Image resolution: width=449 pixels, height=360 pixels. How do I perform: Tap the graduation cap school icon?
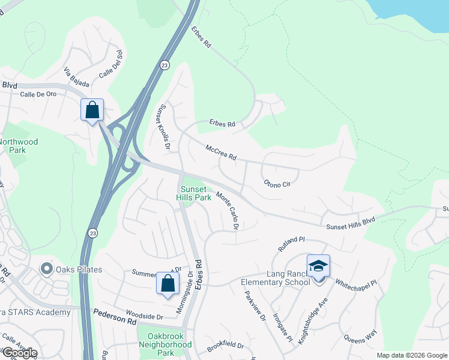click(318, 266)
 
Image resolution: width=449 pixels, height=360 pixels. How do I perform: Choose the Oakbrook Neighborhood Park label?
click(165, 340)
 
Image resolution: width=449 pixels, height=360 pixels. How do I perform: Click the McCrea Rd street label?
click(221, 152)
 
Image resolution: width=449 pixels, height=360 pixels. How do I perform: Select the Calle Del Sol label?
click(110, 71)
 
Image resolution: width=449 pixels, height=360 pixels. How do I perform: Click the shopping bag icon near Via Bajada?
click(92, 110)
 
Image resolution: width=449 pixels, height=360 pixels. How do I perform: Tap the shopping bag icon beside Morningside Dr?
click(167, 284)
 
